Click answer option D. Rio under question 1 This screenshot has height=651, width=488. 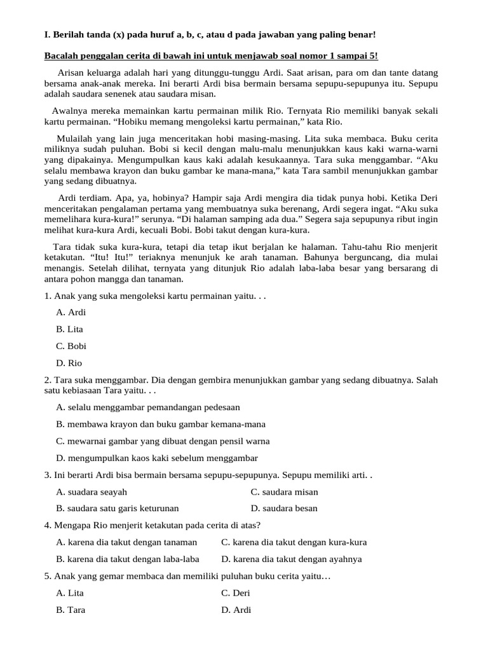[69, 363]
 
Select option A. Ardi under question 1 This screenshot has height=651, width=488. [71, 312]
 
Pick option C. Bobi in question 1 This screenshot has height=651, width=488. [71, 346]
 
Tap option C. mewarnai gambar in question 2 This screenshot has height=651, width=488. [163, 441]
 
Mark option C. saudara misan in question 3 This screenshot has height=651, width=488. [284, 491]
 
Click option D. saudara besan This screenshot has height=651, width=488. [284, 508]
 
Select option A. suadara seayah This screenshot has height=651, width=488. [91, 491]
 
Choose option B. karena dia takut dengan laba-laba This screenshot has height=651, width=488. [128, 559]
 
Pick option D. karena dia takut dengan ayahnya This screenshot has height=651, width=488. [292, 559]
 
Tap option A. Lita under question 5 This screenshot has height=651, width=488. [70, 593]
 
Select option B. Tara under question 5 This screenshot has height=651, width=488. [71, 610]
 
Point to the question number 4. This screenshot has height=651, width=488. [48, 525]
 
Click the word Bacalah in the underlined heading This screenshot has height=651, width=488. [61, 57]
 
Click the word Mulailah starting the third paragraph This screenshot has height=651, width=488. [74, 138]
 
